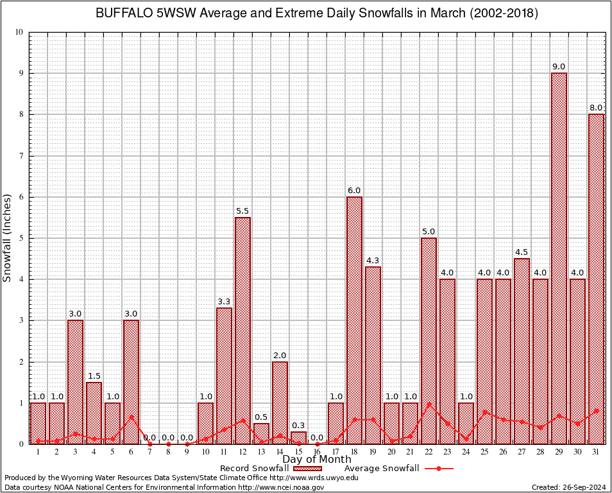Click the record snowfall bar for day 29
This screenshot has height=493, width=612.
tap(559, 257)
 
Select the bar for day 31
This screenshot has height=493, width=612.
tap(596, 279)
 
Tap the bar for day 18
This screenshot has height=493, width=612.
tap(354, 321)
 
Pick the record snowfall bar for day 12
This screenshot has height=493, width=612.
tap(242, 331)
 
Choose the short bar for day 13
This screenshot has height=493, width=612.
tap(261, 434)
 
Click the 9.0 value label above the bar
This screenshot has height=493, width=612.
tap(559, 67)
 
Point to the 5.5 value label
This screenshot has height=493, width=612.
tap(242, 211)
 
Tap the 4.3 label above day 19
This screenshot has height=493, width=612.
tap(373, 261)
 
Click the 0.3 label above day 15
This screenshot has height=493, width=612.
tap(298, 426)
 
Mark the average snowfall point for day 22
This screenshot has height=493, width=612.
tap(429, 404)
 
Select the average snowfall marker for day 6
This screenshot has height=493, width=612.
tap(131, 417)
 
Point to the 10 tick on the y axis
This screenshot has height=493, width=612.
tap(19, 32)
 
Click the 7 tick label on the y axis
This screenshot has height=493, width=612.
tap(21, 156)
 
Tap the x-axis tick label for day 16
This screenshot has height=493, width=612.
tap(317, 452)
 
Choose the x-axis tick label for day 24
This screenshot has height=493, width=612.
tap(466, 452)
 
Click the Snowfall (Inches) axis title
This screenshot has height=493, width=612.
tap(7, 238)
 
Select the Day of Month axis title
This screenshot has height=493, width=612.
tap(317, 460)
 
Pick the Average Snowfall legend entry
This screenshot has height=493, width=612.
tap(382, 469)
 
